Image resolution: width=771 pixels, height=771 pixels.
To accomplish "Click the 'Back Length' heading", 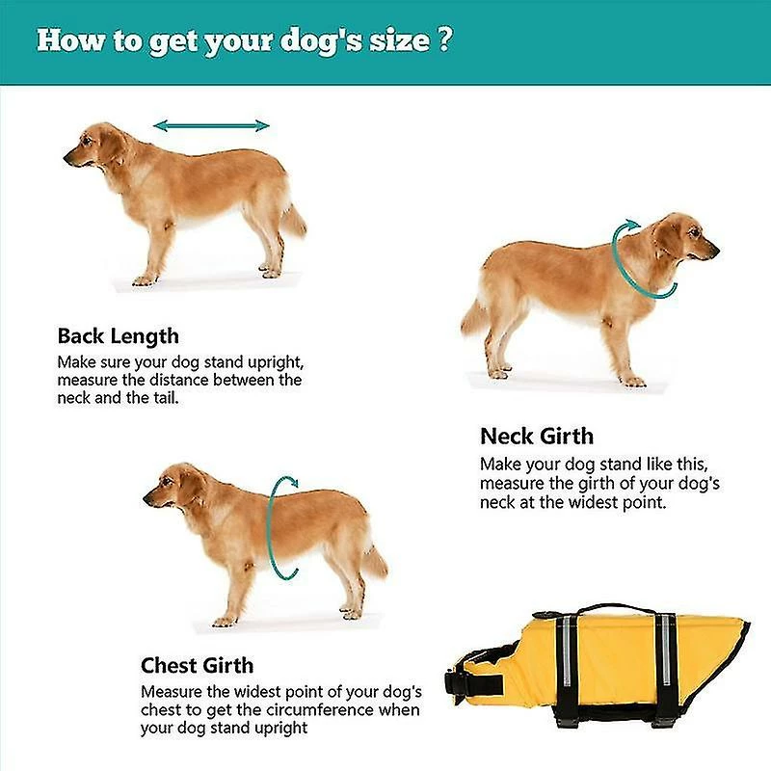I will point(118,336).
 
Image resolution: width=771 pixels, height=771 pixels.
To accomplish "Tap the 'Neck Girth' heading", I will point(537,436).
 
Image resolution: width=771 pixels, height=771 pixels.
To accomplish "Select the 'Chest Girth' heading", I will point(197,665).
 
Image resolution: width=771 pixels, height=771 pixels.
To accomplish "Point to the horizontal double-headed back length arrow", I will point(212,125).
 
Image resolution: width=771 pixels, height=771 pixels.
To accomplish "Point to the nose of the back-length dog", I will point(67,153).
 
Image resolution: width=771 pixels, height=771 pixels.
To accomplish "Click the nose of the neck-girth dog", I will point(716,253).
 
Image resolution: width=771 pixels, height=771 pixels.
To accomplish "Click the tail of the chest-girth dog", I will point(374,561).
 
